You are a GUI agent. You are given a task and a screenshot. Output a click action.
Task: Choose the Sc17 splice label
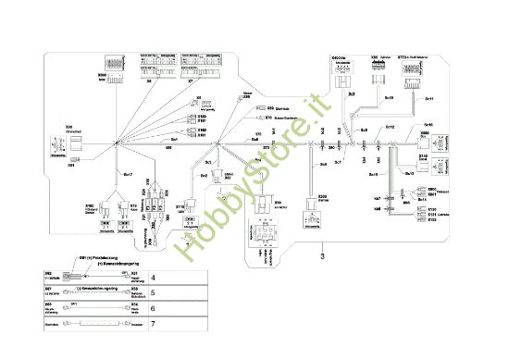pos(128,174)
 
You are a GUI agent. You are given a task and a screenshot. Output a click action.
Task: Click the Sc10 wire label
pos(389,97)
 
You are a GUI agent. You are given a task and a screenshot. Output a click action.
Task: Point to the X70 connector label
pos(268,118)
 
